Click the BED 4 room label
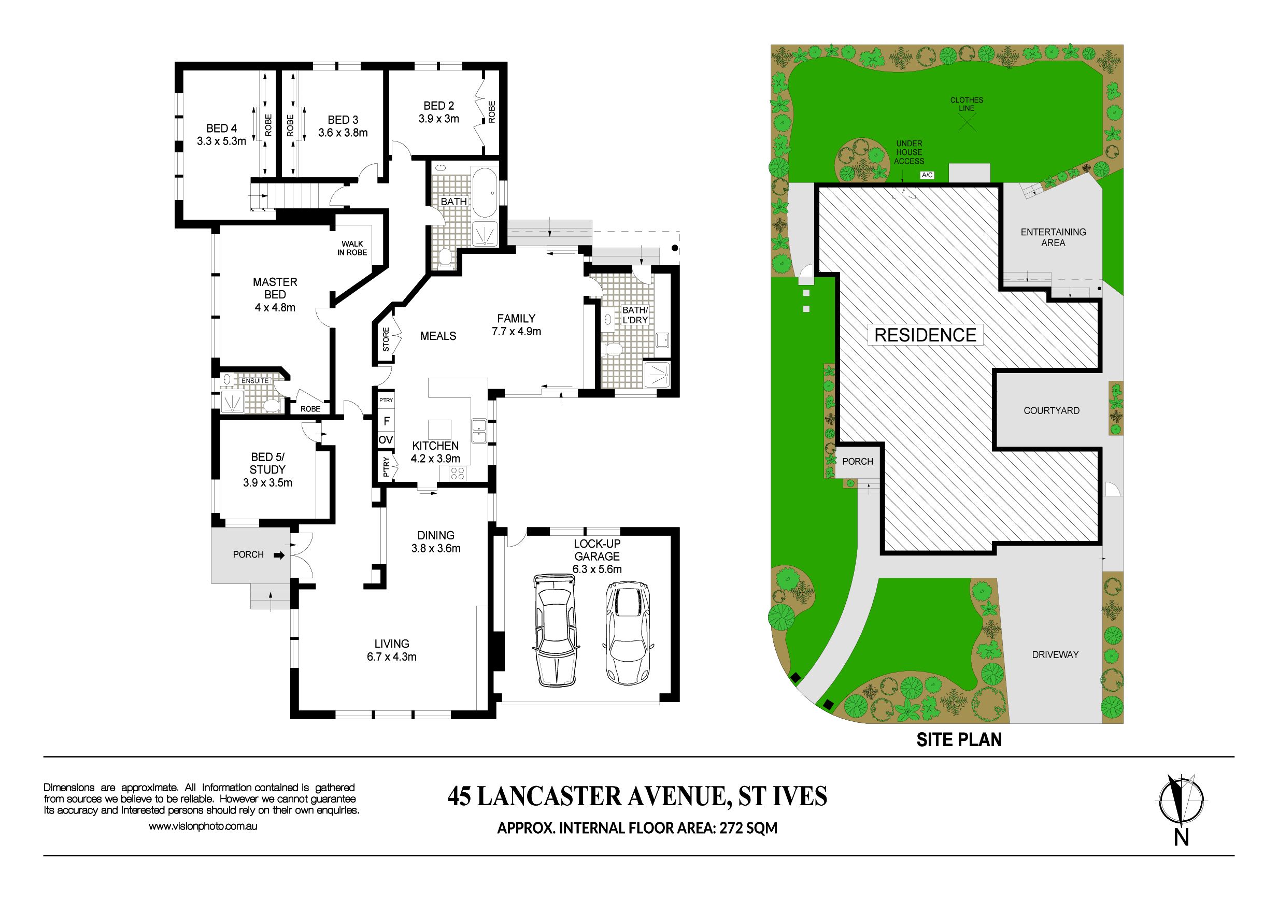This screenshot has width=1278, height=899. click(x=221, y=129)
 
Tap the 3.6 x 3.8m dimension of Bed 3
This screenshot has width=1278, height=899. click(x=343, y=133)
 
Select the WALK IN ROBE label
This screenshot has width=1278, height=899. click(x=352, y=248)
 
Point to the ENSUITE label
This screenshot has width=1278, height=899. click(x=255, y=381)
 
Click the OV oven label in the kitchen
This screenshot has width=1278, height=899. click(x=386, y=440)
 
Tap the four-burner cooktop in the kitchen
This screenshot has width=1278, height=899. click(x=458, y=474)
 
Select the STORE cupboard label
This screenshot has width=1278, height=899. click(x=386, y=339)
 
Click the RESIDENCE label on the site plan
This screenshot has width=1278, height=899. click(x=926, y=335)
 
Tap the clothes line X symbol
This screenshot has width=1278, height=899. click(x=967, y=122)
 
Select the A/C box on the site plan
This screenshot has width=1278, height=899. click(x=927, y=175)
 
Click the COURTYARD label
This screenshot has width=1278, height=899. click(x=1052, y=411)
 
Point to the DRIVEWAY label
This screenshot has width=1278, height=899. click(x=1055, y=654)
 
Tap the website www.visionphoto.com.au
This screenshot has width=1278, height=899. click(x=203, y=826)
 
